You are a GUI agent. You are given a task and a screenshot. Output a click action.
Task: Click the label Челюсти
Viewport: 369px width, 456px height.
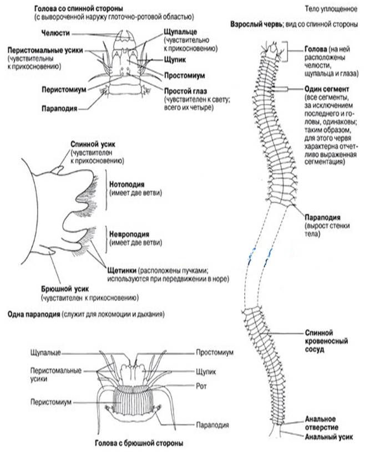pyautogui.click(x=55, y=33)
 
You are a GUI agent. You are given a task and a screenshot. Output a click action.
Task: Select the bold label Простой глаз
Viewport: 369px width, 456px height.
pyautogui.click(x=185, y=91)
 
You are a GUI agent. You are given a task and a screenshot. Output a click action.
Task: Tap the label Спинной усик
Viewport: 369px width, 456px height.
pyautogui.click(x=93, y=144)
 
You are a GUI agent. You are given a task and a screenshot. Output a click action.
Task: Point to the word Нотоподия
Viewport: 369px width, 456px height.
pyautogui.click(x=127, y=185)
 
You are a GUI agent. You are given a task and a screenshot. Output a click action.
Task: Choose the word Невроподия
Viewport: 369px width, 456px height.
pyautogui.click(x=129, y=234)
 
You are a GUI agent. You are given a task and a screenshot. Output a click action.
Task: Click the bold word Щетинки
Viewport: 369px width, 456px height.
pyautogui.click(x=122, y=270)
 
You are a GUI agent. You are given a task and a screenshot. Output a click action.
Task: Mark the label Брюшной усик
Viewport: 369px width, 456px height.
pyautogui.click(x=65, y=289)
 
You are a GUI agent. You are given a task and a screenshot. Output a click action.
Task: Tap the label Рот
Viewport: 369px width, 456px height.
pyautogui.click(x=201, y=386)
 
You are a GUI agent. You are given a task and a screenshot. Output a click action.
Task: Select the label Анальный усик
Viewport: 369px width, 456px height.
pyautogui.click(x=329, y=437)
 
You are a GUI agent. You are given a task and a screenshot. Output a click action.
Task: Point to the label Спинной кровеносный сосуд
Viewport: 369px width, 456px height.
pyautogui.click(x=326, y=341)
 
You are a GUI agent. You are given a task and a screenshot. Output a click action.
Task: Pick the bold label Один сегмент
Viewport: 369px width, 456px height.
pyautogui.click(x=326, y=89)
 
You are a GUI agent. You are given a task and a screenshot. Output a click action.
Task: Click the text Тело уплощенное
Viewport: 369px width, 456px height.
pyautogui.click(x=331, y=9)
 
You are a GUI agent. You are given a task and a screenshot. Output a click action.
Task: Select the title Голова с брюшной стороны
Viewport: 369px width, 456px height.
pyautogui.click(x=139, y=443)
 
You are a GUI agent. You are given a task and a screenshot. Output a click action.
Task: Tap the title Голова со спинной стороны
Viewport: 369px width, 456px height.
pyautogui.click(x=78, y=8)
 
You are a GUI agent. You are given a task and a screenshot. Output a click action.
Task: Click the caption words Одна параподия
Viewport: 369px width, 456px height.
pyautogui.click(x=34, y=314)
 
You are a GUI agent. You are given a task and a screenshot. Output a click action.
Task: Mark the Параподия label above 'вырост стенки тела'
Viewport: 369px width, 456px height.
pyautogui.click(x=322, y=218)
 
